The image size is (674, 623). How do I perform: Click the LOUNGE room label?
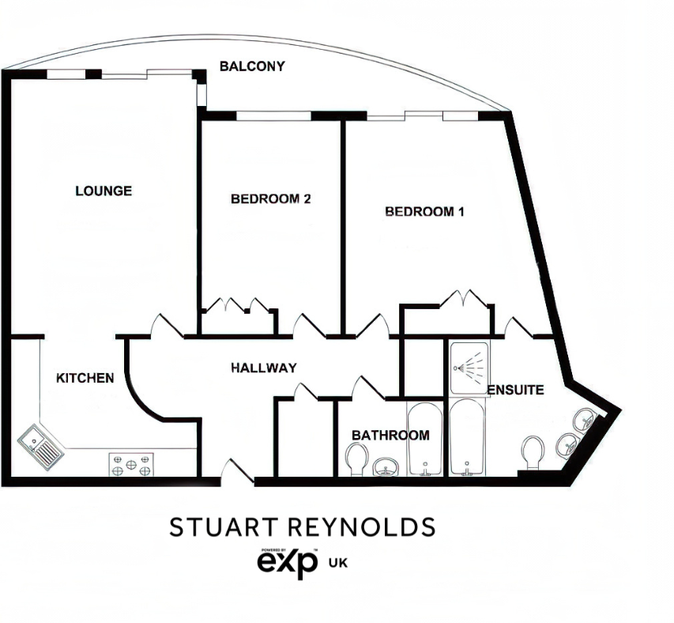[x=104, y=191]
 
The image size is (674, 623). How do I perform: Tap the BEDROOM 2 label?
[x=270, y=199]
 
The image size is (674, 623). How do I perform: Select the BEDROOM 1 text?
[x=424, y=212]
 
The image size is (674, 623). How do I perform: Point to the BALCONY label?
[x=252, y=66]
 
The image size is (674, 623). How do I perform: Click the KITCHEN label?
[x=85, y=378]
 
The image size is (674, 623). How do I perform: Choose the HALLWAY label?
[x=264, y=368]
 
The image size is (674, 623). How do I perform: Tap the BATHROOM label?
[x=390, y=435]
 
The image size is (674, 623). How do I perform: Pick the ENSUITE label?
[x=515, y=390]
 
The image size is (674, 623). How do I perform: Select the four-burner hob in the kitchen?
[x=130, y=464]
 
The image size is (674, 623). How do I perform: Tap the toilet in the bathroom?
[x=358, y=458]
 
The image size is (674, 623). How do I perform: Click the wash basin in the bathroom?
[x=385, y=466]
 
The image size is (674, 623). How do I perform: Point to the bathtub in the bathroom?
[x=425, y=441]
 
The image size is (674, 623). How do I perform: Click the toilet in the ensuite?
[x=533, y=453]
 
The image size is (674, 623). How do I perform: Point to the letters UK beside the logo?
[x=338, y=563]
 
